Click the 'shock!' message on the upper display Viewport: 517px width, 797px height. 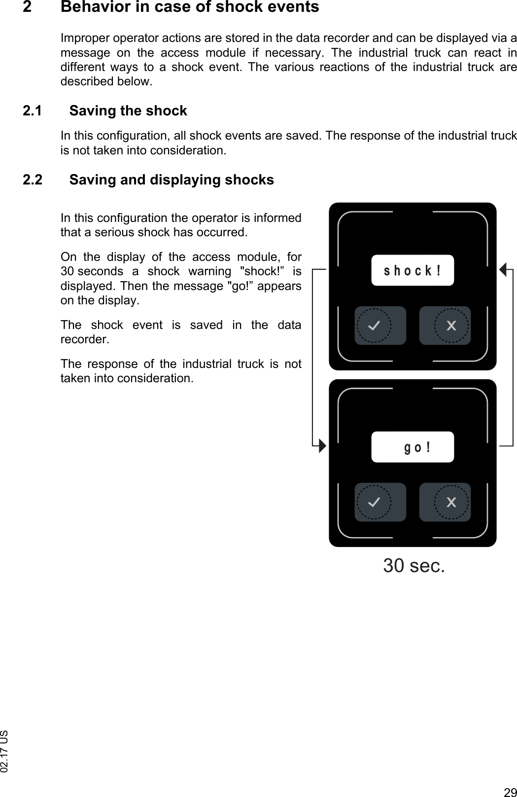[x=412, y=270]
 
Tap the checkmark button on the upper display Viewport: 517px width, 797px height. [x=375, y=326]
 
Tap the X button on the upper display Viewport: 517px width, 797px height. [x=450, y=326]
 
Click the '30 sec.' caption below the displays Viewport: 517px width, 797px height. [x=414, y=566]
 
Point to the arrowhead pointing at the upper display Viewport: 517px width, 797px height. [x=503, y=270]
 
